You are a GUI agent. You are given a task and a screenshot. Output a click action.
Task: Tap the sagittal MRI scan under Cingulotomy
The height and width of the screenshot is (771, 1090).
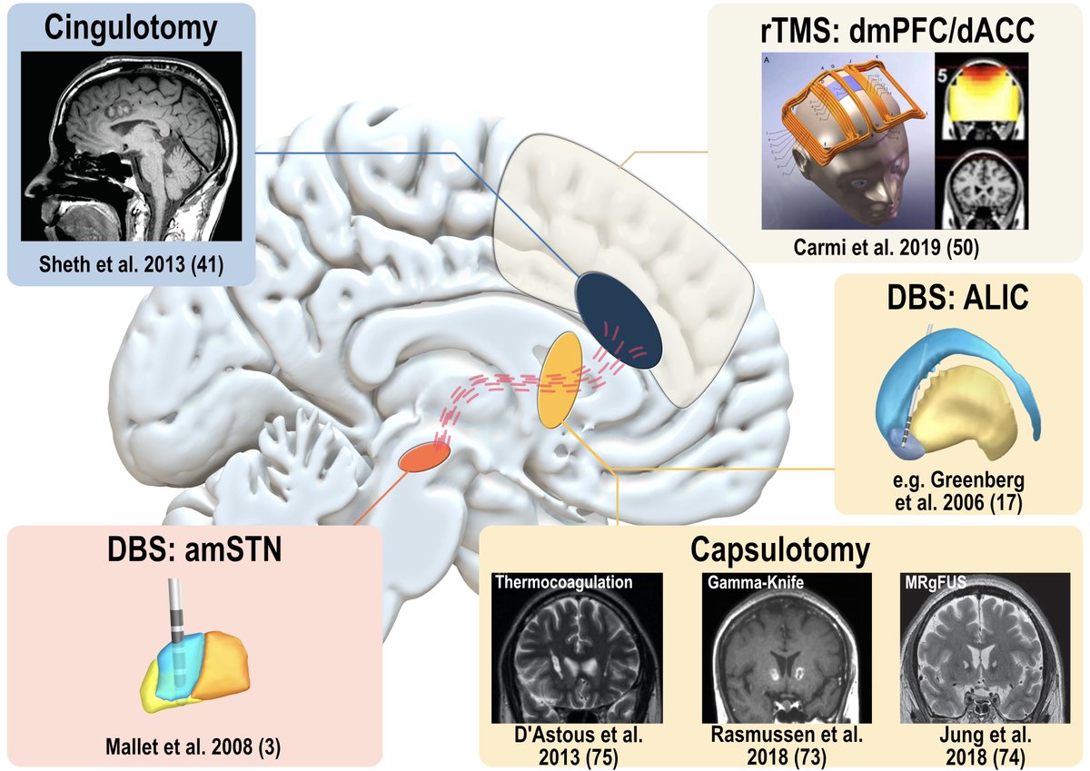point(131,144)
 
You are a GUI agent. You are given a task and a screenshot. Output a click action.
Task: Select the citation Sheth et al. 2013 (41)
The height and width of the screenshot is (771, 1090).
point(131,264)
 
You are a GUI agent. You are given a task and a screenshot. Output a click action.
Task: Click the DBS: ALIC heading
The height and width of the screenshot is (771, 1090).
point(958,297)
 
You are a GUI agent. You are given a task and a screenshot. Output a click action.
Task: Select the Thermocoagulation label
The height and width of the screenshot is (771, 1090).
point(563,582)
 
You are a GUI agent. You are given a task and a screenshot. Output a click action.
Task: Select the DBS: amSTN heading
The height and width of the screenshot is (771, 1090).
point(193,553)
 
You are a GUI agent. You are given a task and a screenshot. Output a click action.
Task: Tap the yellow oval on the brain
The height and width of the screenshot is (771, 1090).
point(559,380)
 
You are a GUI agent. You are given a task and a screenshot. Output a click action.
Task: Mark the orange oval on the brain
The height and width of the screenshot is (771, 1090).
point(424,457)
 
